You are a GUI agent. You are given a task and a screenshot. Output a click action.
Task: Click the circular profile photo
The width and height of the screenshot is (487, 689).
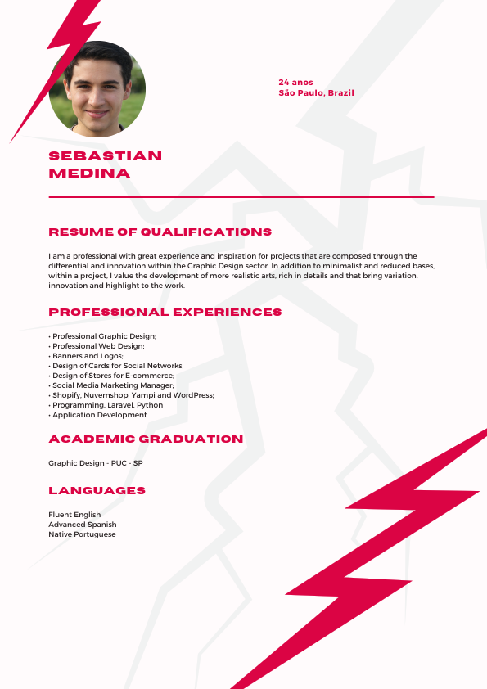point(97,89)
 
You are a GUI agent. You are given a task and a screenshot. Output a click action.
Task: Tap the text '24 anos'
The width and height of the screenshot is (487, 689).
point(295,83)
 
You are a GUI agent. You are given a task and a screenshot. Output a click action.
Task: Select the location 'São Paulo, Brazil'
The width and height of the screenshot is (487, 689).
point(316,93)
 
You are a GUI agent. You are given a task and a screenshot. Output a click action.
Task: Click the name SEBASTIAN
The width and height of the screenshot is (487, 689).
point(106,155)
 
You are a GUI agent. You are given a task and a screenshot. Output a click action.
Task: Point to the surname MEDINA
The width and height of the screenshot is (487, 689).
point(89,173)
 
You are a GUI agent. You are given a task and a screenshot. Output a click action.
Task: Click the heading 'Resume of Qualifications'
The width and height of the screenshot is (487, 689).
point(160,232)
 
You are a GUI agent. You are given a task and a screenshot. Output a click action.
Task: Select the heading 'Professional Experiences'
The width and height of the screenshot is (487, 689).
point(165,313)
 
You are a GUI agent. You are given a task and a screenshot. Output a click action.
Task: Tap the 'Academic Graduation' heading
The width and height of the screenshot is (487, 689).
point(146,439)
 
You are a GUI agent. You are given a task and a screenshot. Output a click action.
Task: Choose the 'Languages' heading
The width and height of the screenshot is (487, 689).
point(97,491)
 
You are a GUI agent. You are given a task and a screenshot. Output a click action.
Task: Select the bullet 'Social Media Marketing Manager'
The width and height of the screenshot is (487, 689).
point(113,385)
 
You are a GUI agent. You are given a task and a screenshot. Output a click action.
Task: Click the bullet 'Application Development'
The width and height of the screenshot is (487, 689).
point(99,415)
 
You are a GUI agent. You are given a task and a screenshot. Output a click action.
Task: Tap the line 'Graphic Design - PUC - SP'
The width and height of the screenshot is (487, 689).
point(96,463)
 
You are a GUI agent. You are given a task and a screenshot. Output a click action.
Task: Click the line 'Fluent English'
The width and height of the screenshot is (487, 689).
point(74,515)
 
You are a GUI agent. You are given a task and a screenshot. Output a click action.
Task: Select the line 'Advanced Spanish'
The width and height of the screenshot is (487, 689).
point(83,525)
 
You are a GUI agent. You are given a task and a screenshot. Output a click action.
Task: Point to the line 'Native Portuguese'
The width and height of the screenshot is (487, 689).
point(82,534)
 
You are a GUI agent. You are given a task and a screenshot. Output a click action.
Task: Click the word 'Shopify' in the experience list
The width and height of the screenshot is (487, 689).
point(65,395)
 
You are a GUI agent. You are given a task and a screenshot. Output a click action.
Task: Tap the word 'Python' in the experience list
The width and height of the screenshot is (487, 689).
point(150,405)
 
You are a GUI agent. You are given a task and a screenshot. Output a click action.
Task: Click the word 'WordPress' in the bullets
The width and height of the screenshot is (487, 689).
point(195,395)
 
